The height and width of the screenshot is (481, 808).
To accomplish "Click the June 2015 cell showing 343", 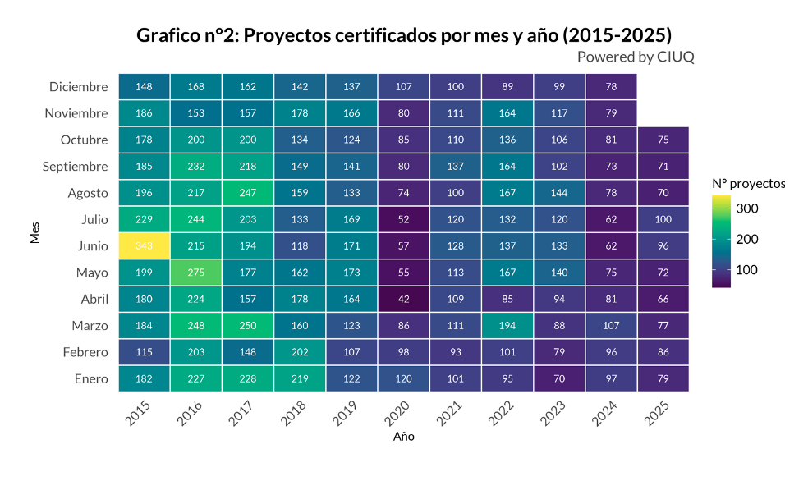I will pyautogui.click(x=144, y=245).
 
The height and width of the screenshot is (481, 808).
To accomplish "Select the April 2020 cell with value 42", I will pyautogui.click(x=403, y=299).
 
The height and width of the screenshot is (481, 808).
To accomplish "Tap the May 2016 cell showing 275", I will pyautogui.click(x=195, y=273).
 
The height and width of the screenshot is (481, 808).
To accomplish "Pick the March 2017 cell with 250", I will pyautogui.click(x=248, y=325).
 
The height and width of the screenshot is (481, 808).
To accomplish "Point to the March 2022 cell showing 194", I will pyautogui.click(x=507, y=325).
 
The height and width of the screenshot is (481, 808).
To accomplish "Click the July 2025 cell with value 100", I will pyautogui.click(x=663, y=219).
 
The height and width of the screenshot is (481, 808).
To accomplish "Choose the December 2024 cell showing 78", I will pyautogui.click(x=611, y=86).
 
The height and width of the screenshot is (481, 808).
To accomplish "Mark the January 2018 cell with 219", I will pyautogui.click(x=300, y=378).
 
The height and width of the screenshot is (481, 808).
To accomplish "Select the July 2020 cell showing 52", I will pyautogui.click(x=403, y=219).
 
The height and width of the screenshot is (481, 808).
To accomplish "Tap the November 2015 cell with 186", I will pyautogui.click(x=144, y=113).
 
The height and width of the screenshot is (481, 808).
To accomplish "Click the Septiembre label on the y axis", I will pyautogui.click(x=76, y=167).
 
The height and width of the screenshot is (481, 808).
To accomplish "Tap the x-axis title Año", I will pyautogui.click(x=403, y=437).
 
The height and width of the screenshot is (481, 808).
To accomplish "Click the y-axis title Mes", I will pyautogui.click(x=34, y=232).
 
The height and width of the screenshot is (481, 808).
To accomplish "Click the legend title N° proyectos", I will pyautogui.click(x=748, y=183).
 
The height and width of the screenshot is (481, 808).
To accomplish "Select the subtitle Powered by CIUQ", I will pyautogui.click(x=636, y=56).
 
